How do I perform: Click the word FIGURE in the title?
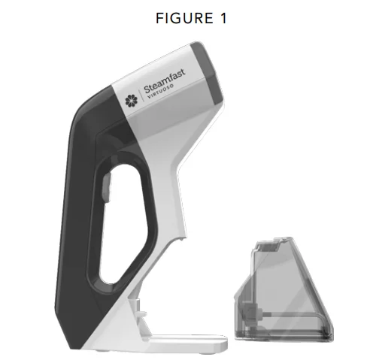pyautogui.click(x=184, y=18)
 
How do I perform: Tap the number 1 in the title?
pyautogui.click(x=223, y=18)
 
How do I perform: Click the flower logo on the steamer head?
pyautogui.click(x=132, y=101)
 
